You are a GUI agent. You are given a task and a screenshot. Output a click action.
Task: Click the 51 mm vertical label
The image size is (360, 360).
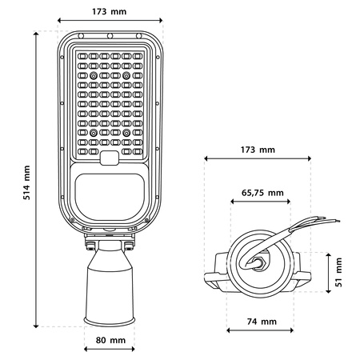point(339,271)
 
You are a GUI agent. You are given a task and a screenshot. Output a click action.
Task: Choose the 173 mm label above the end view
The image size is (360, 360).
point(258,150)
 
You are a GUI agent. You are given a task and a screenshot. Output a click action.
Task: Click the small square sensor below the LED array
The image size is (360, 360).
point(110,158)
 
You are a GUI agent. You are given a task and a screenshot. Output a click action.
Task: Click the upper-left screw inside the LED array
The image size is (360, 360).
point(94,74)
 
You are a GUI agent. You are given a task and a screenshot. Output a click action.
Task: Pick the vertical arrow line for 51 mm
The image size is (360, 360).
point(327,271)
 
